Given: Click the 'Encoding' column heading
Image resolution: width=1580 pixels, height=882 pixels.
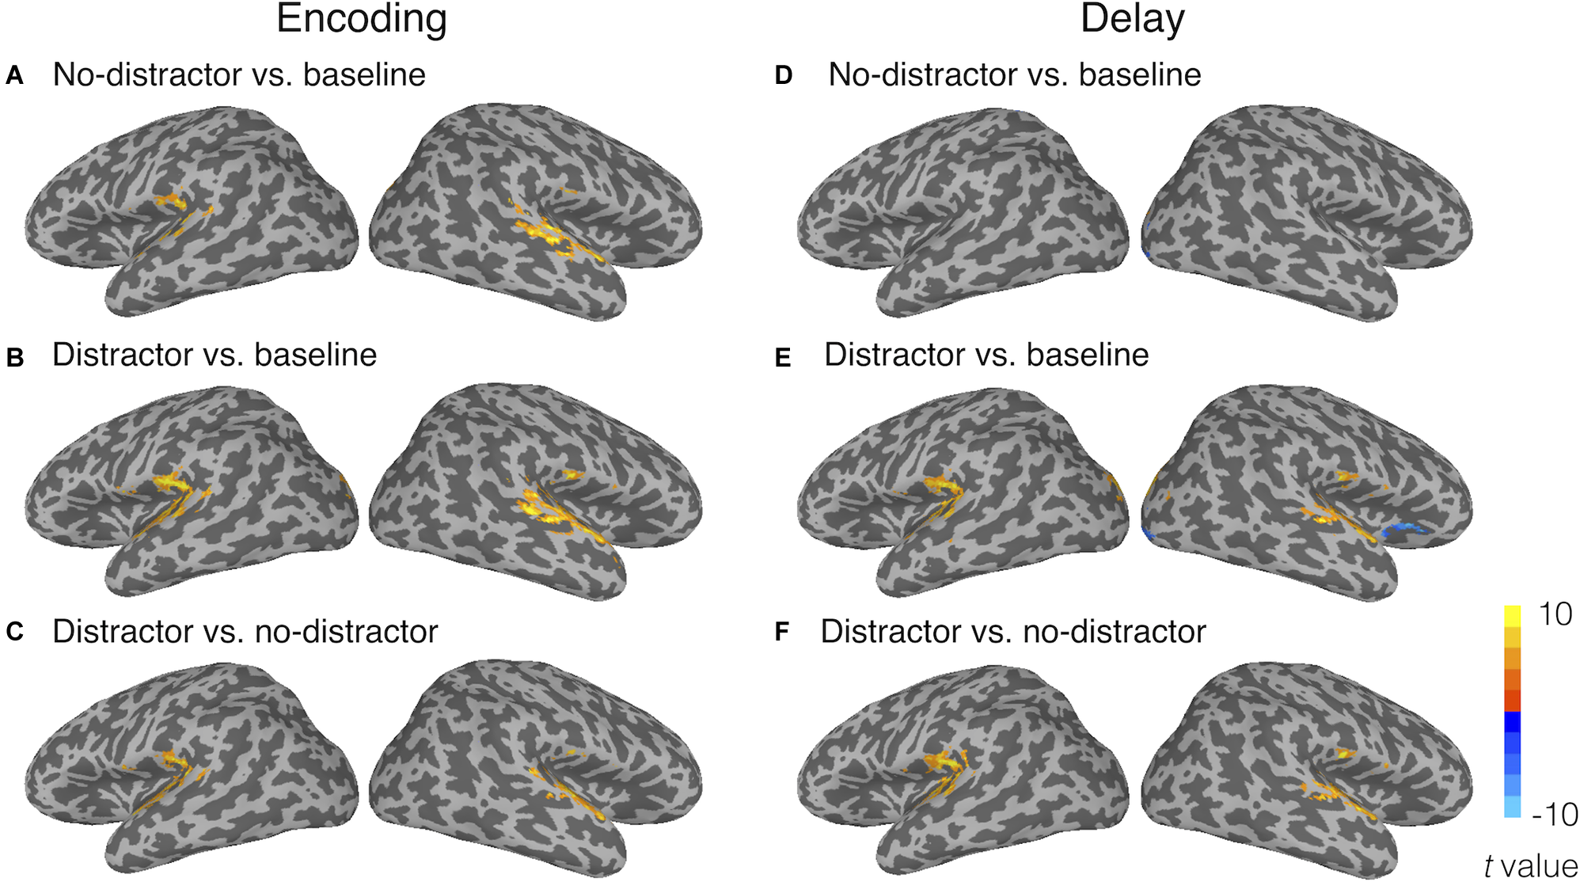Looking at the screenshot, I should coord(362,19).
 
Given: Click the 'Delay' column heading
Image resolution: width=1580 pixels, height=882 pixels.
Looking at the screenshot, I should coord(1132,19).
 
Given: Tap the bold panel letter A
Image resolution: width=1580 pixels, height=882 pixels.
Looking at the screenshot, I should coord(14,76).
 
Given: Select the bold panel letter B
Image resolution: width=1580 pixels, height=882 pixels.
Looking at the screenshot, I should coord(14,358).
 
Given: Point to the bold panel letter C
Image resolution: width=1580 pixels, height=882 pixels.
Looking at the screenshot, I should coord(14,632).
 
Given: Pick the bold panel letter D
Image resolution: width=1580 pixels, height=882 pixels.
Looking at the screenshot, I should coord(784,76).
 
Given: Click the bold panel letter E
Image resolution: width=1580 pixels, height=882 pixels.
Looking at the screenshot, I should coord(783,358).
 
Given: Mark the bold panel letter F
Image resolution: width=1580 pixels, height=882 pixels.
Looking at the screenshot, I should coord(782,632).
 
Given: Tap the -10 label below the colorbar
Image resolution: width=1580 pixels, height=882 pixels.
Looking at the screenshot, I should coord(1554,814).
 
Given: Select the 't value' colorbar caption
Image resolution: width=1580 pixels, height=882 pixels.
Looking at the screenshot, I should coord(1531,865).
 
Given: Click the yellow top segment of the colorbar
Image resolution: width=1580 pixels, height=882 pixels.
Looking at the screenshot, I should coord(1512,616).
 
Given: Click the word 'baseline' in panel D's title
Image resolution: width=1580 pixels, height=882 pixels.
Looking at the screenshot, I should coord(1140,75).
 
